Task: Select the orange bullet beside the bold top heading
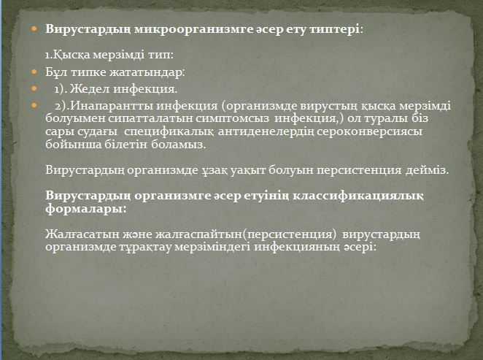pyautogui.click(x=34, y=29)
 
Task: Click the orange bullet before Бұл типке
pyautogui.click(x=34, y=72)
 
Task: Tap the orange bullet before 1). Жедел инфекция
pyautogui.click(x=34, y=89)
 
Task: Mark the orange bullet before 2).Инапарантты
pyautogui.click(x=34, y=106)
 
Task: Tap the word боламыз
pyautogui.click(x=178, y=145)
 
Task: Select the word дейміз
pyautogui.click(x=427, y=170)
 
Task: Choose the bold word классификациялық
pyautogui.click(x=358, y=196)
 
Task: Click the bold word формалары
pyautogui.click(x=86, y=210)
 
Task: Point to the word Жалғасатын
pyautogui.click(x=82, y=234)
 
